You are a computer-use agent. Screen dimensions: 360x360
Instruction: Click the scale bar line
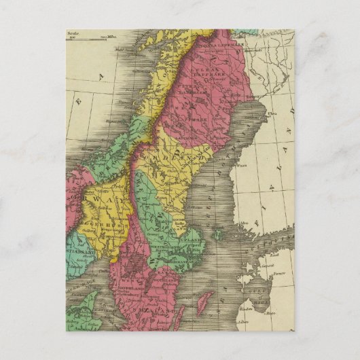pos(89,38)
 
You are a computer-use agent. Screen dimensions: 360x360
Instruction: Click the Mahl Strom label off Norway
pos(122,48)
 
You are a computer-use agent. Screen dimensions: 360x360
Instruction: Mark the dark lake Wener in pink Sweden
pos(139,261)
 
